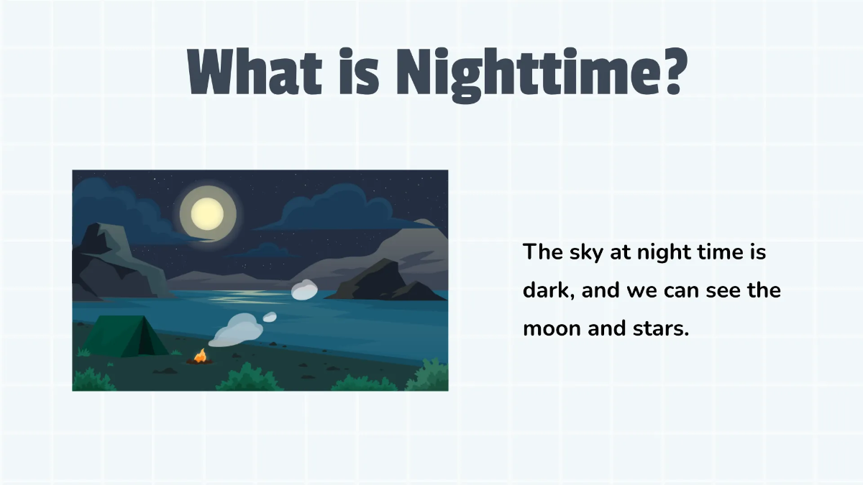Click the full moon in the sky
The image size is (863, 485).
pos(206,213)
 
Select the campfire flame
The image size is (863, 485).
pos(200,355)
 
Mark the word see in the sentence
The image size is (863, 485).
pos(719,291)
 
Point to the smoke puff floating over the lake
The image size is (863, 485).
pos(304,290)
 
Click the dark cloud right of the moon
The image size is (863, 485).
pos(331,208)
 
